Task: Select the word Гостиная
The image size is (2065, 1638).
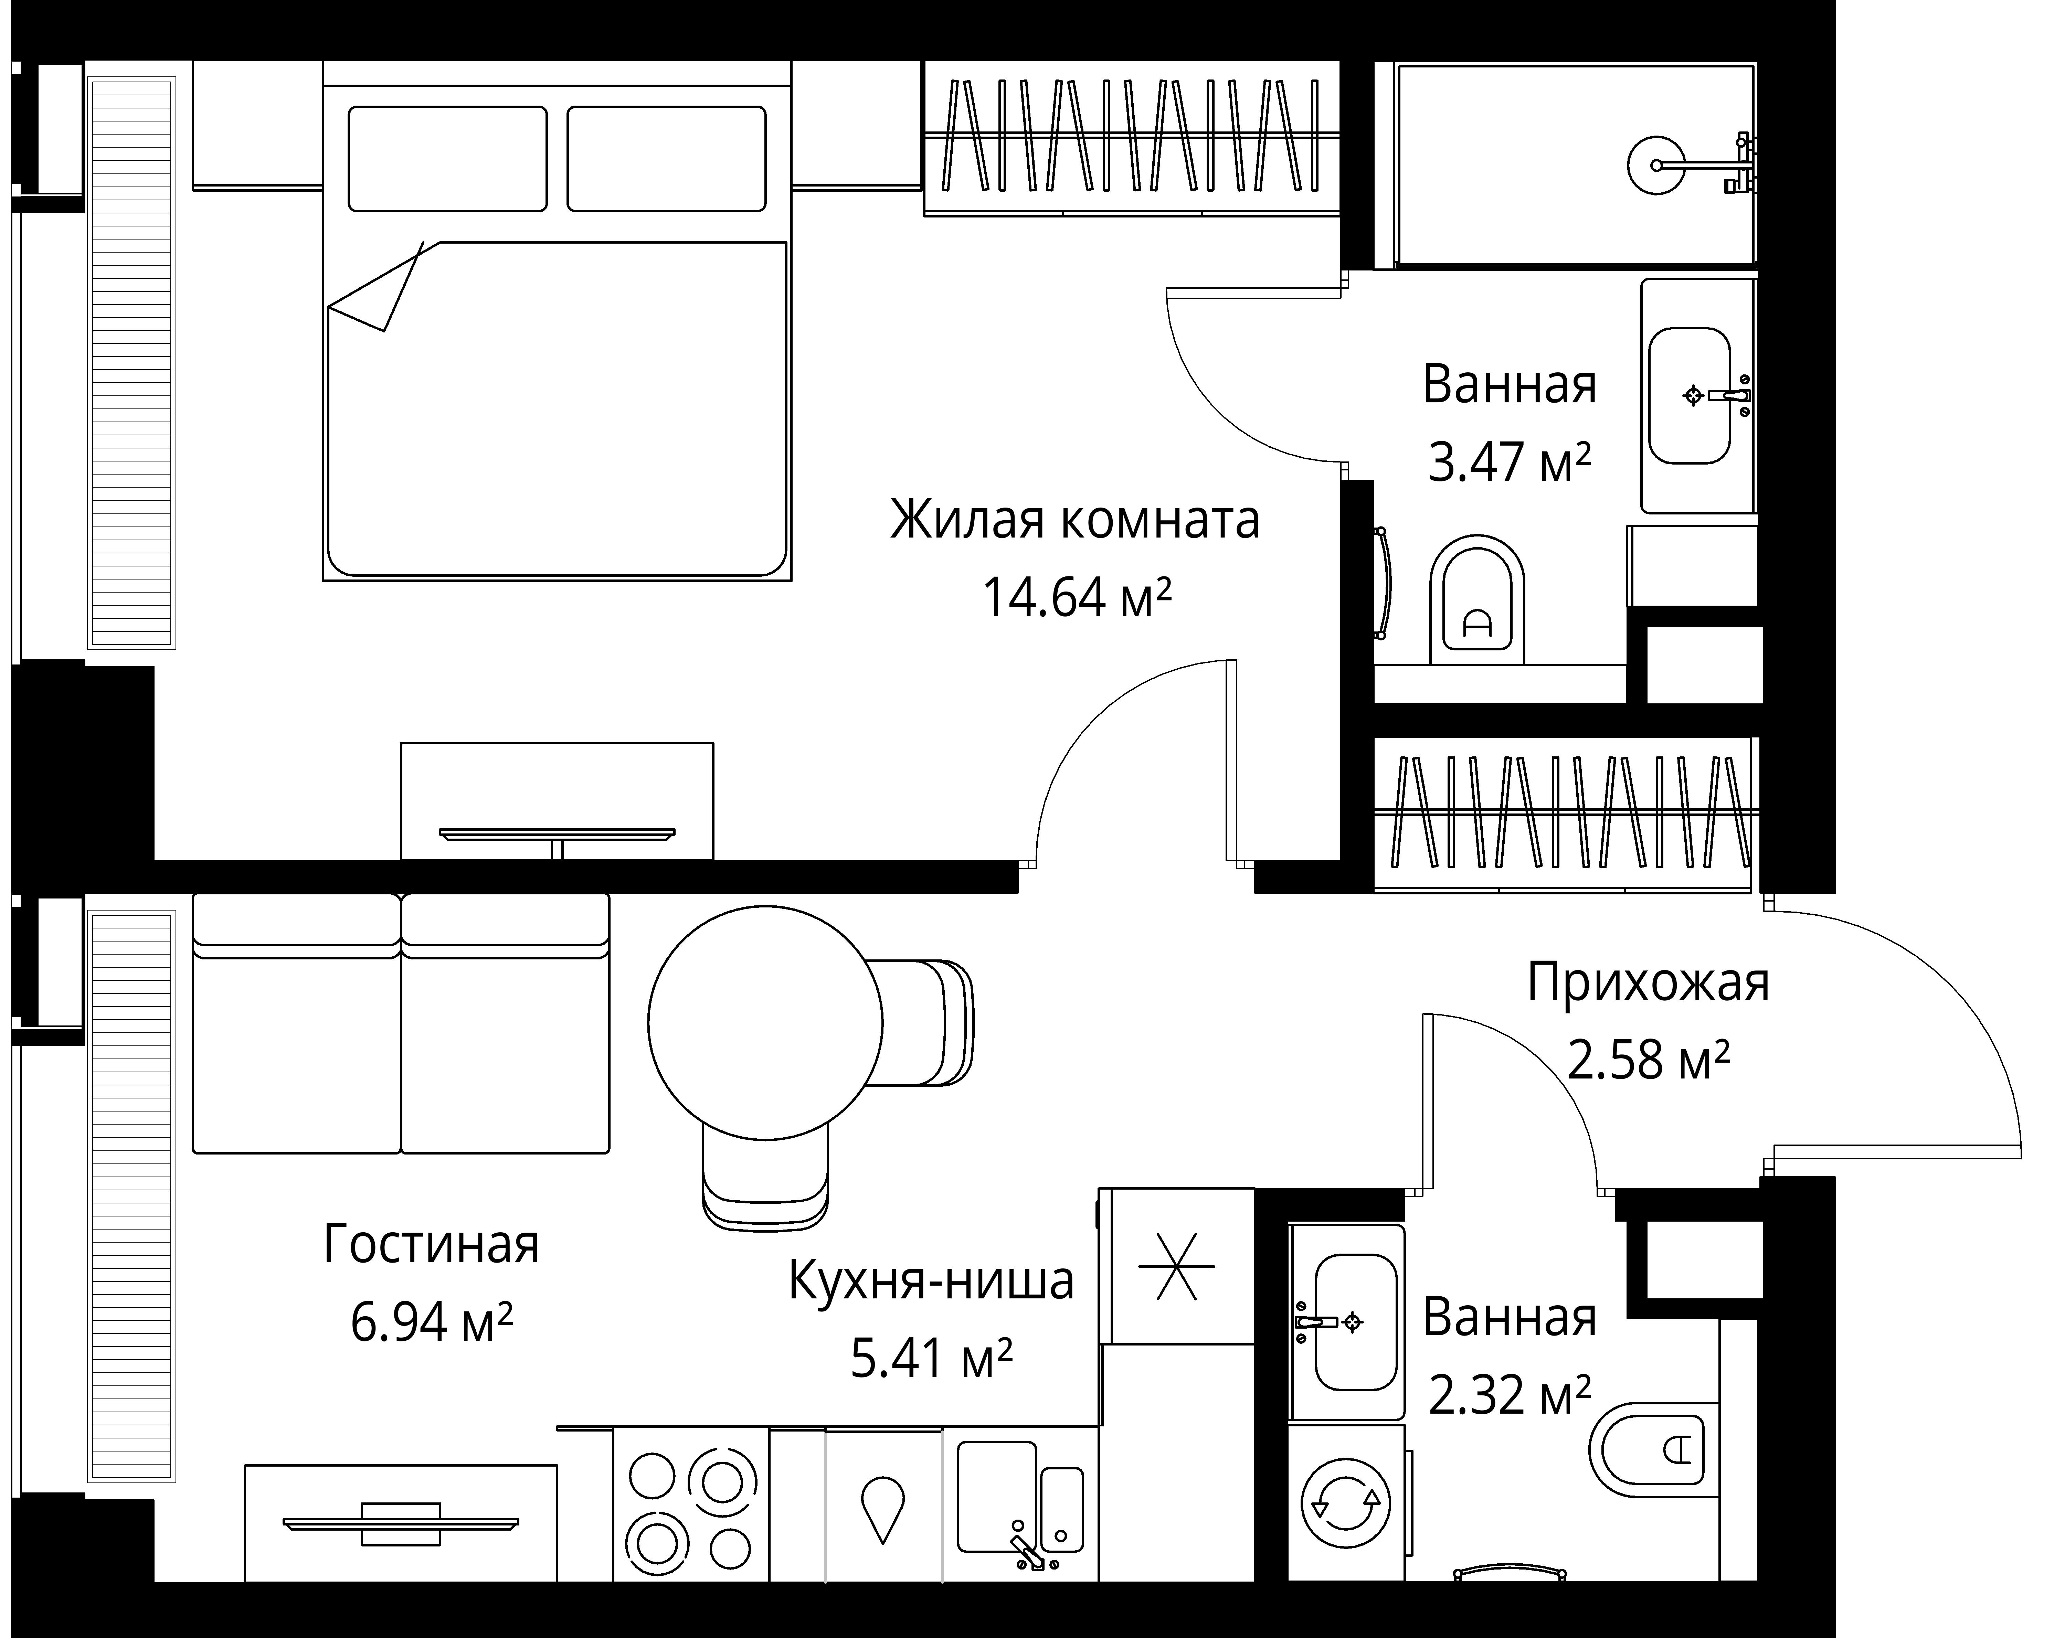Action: pyautogui.click(x=431, y=1244)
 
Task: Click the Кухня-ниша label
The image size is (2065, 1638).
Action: pyautogui.click(x=931, y=1281)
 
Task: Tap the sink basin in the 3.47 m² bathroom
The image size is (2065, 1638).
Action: pyautogui.click(x=1688, y=396)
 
